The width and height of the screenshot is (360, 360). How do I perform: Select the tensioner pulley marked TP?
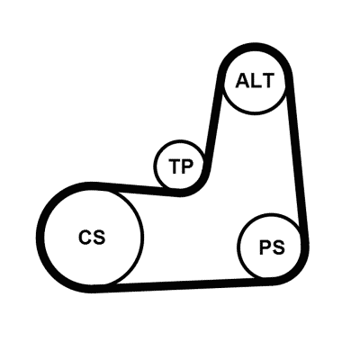(x=180, y=165)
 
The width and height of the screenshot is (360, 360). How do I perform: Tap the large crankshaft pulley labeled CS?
(x=93, y=237)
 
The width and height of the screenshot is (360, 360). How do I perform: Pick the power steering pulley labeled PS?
(x=269, y=246)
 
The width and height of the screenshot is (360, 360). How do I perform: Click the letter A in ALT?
(x=242, y=81)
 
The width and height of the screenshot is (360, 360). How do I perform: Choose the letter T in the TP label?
(x=175, y=166)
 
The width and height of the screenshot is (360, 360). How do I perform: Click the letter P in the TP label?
(x=187, y=166)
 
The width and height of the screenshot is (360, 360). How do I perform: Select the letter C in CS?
(x=85, y=237)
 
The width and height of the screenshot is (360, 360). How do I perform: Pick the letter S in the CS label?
(x=99, y=237)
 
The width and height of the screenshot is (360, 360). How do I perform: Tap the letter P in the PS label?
(x=265, y=247)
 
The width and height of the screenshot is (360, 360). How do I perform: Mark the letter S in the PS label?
(x=278, y=247)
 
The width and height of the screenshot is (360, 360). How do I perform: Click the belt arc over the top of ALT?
(x=255, y=47)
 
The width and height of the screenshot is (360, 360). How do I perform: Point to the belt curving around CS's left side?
(x=40, y=237)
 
